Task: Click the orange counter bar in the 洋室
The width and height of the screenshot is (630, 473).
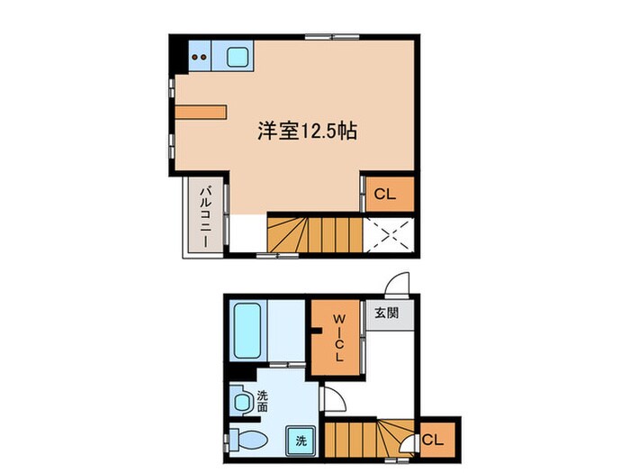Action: coord(202,112)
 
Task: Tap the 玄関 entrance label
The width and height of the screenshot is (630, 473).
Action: coord(387,314)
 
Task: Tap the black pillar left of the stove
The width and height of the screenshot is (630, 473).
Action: coord(179,56)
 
